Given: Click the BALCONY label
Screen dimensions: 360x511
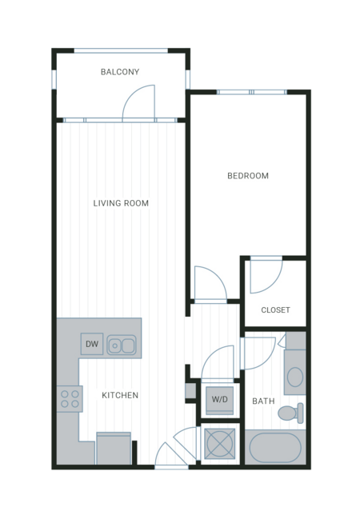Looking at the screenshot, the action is [120, 72].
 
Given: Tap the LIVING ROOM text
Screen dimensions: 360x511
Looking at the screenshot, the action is [121, 203].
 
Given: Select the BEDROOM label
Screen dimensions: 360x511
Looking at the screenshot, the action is [248, 176].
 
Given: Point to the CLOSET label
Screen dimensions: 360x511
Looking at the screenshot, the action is [275, 310].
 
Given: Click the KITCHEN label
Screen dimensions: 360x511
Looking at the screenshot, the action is [120, 395].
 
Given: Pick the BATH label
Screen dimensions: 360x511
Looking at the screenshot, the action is [263, 401].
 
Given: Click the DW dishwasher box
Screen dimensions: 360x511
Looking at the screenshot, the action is [92, 344].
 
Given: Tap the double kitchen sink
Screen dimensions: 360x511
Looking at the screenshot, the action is [122, 345].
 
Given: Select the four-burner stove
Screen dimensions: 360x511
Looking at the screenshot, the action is [70, 399].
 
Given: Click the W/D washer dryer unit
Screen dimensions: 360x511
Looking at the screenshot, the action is [219, 400].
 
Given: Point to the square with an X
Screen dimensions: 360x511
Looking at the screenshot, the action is [219, 444].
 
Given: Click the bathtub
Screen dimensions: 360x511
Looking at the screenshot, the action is [275, 448].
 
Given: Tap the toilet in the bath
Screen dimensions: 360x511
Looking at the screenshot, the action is [290, 413].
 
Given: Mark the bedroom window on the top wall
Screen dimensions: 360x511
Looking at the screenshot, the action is [251, 92].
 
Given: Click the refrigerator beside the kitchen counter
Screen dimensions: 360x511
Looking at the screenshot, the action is [114, 448].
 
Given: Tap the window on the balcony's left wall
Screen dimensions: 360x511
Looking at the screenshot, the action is [54, 79].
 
